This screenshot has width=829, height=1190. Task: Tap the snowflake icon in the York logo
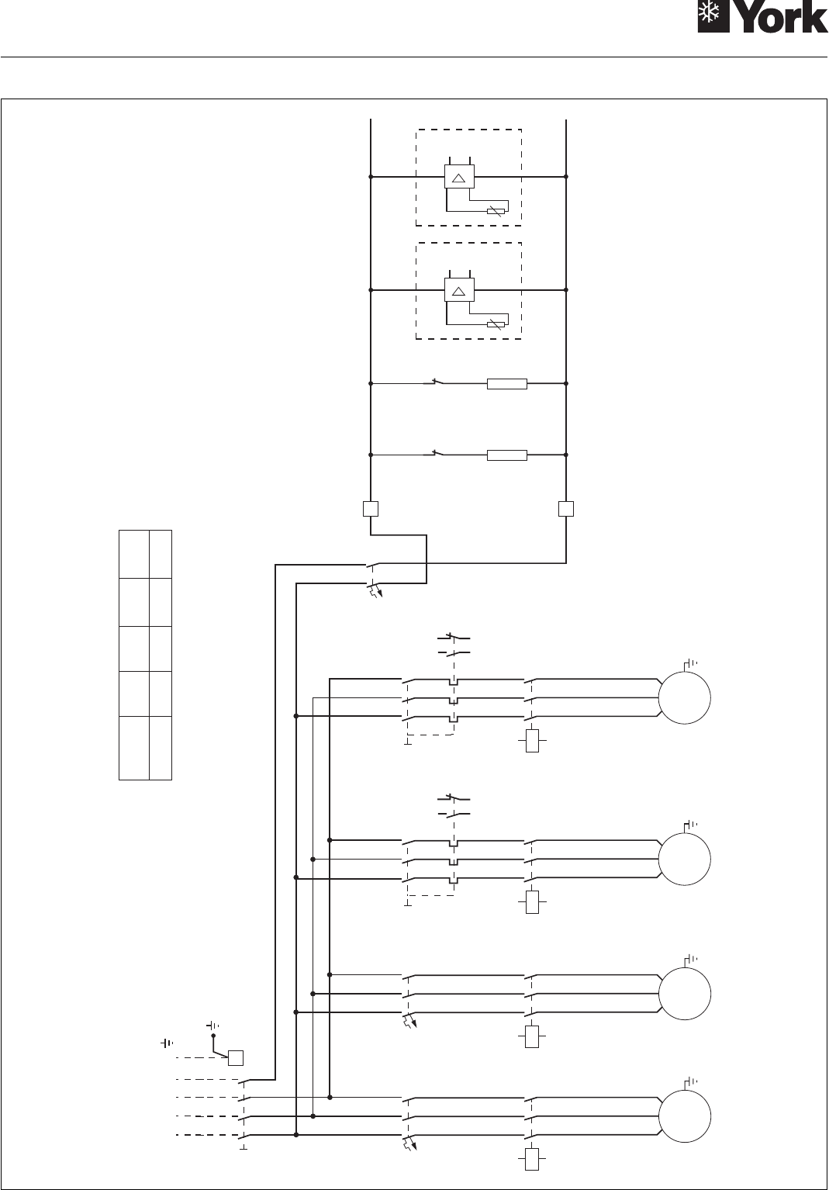(714, 16)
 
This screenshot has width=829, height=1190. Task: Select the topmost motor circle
(685, 697)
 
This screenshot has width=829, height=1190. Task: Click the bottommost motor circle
(685, 1116)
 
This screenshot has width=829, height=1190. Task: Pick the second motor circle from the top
(685, 859)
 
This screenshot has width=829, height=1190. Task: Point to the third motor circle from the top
(685, 992)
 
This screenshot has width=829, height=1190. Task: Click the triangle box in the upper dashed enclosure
(458, 177)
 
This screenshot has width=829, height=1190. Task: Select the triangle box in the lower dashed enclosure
(458, 290)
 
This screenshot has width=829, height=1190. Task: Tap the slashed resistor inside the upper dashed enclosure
(496, 210)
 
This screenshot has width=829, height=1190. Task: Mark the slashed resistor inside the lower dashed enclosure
(496, 323)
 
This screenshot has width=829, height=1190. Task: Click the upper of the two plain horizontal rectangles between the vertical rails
(506, 383)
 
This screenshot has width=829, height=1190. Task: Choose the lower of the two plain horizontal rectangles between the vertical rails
(506, 455)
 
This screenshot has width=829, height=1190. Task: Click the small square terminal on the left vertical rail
(371, 509)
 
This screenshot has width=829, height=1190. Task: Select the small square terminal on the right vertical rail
(566, 509)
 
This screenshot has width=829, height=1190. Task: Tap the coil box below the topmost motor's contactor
(532, 741)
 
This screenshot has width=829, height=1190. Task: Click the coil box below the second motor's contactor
(532, 902)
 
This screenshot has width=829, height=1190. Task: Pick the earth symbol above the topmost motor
(690, 662)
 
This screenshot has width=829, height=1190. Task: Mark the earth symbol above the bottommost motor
(690, 1081)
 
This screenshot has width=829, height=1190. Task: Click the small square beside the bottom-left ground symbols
(235, 1057)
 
